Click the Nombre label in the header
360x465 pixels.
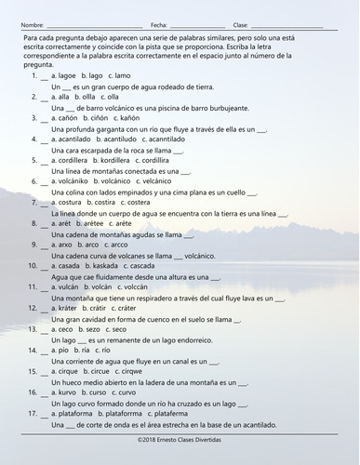click(32, 23)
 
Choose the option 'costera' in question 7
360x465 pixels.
click(144, 201)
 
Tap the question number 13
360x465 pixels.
click(33, 329)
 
